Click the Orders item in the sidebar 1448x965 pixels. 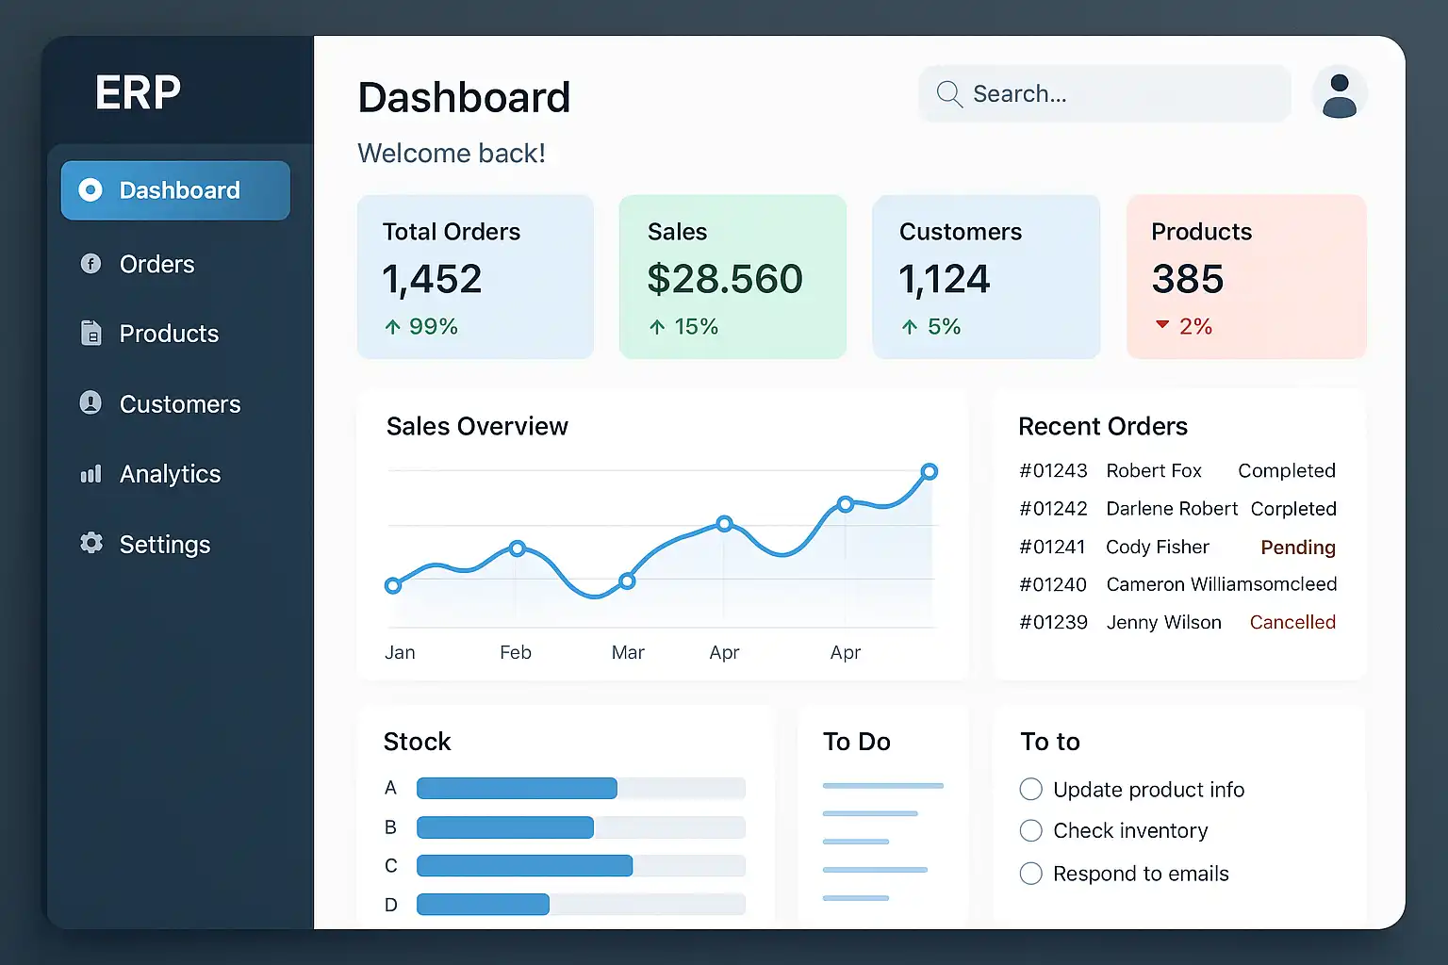pyautogui.click(x=156, y=264)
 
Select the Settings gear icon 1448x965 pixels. pyautogui.click(x=91, y=543)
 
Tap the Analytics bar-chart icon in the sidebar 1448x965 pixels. pyautogui.click(x=90, y=474)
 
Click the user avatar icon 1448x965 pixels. pyautogui.click(x=1339, y=94)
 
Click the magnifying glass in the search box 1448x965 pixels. pyautogui.click(x=949, y=94)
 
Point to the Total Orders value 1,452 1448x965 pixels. pyautogui.click(x=432, y=279)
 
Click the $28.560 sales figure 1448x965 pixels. pyautogui.click(x=725, y=279)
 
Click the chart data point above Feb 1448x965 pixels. pyautogui.click(x=517, y=548)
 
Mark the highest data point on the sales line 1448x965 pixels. pyautogui.click(x=929, y=471)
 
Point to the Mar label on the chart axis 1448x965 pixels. pyautogui.click(x=628, y=652)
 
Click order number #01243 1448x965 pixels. pyautogui.click(x=1053, y=470)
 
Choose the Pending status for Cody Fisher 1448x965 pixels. pyautogui.click(x=1298, y=548)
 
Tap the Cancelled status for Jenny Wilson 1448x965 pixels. pyautogui.click(x=1292, y=622)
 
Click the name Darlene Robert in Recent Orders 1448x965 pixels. pyautogui.click(x=1172, y=509)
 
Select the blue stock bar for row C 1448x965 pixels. pyautogui.click(x=524, y=865)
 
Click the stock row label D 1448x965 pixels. pyautogui.click(x=390, y=905)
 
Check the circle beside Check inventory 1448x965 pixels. pyautogui.click(x=1031, y=830)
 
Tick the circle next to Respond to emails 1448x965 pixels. pyautogui.click(x=1031, y=874)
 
